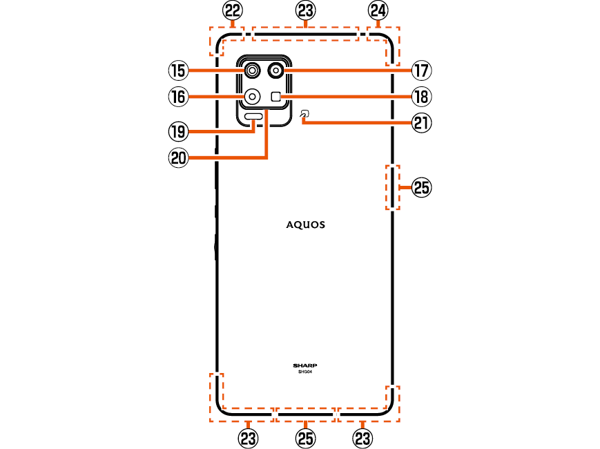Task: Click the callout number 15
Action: click(x=178, y=70)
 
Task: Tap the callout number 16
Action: click(x=178, y=97)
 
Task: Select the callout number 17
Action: click(x=421, y=70)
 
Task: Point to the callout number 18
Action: click(x=421, y=97)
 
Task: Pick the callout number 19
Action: click(x=178, y=131)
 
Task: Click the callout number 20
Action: click(x=178, y=157)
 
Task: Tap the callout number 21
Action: click(x=421, y=123)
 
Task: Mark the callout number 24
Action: click(x=378, y=10)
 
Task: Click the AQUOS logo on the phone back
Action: click(x=306, y=224)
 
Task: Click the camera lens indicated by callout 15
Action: click(x=252, y=70)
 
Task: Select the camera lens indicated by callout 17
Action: click(x=276, y=70)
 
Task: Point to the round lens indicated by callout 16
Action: click(x=252, y=97)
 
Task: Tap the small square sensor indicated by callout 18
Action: click(x=276, y=97)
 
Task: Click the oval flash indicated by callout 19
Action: click(x=255, y=116)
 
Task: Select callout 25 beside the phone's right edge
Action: click(x=421, y=187)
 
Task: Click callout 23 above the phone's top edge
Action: click(x=305, y=10)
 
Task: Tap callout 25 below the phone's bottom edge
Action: click(x=305, y=437)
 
